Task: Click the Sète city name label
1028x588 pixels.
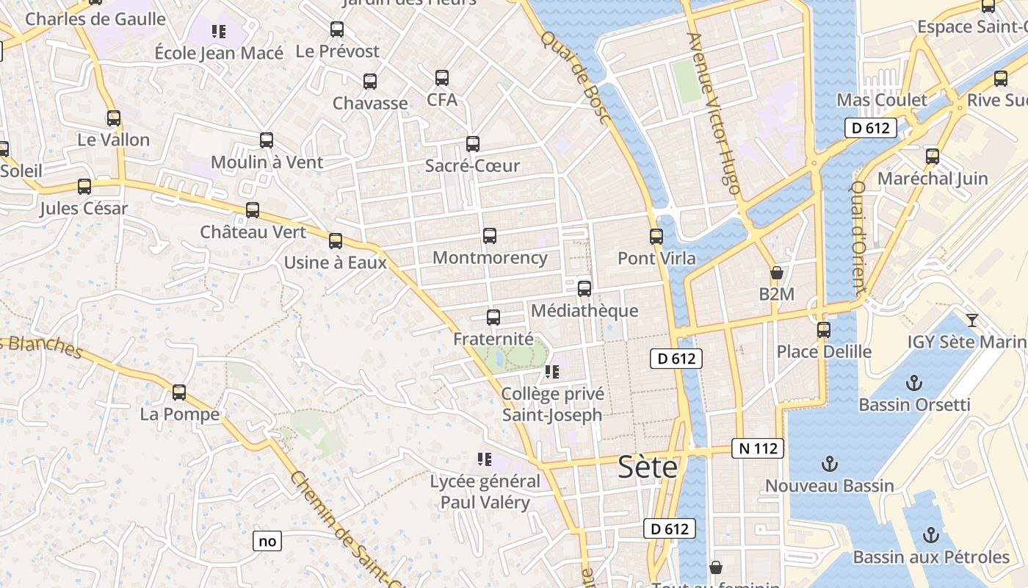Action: [648, 467]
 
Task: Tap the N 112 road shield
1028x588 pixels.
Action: [758, 448]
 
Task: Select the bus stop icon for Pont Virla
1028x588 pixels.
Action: [656, 237]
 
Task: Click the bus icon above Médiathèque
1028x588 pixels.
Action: [584, 288]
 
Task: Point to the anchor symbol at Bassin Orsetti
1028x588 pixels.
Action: [914, 383]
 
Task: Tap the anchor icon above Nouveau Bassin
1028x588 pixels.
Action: [829, 464]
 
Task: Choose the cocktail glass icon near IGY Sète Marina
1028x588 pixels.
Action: [972, 320]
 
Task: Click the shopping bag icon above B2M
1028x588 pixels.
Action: [777, 273]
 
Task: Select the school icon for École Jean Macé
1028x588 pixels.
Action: [218, 31]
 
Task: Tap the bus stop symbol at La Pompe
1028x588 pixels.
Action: [179, 392]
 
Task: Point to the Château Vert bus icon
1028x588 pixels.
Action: [253, 210]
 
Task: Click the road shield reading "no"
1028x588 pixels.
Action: [267, 541]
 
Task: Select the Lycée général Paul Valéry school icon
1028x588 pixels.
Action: [484, 459]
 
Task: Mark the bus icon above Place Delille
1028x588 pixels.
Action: [824, 330]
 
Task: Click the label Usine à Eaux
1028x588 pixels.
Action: [335, 262]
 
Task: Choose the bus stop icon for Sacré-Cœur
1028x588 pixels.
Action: [473, 144]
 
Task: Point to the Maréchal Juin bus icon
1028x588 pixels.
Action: [933, 157]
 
